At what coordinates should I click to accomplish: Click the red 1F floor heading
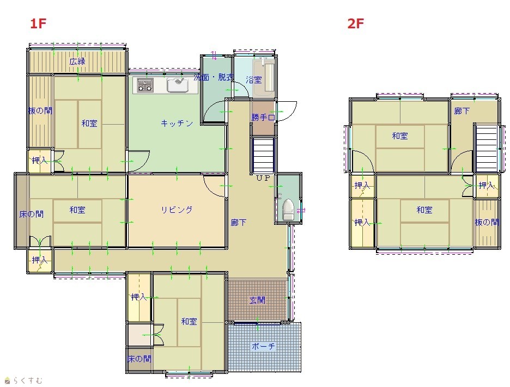pos(38,24)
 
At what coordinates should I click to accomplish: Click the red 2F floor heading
pos(355,24)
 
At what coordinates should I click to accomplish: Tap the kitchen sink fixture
pos(178,85)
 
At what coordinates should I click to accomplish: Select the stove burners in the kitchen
pos(145,85)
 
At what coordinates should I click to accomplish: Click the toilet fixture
pos(288,210)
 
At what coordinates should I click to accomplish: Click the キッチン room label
pos(177,123)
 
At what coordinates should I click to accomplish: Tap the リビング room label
pos(177,210)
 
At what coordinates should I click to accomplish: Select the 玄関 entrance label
pos(257,300)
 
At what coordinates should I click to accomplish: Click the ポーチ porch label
pos(264,346)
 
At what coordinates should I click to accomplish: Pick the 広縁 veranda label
pos(77,61)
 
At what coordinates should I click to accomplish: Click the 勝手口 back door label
pos(263,118)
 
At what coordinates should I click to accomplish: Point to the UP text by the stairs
pos(263,178)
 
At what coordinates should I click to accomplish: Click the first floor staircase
pos(264,155)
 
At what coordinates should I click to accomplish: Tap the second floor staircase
pos(487,149)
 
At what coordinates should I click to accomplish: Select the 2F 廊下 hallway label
pos(462,111)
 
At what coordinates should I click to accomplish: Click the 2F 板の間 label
pos(487,222)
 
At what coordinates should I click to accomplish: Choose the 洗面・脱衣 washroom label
pos(214,77)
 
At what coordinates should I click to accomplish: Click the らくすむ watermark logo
pos(23,380)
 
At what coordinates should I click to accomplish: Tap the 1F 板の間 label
pos(40,111)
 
